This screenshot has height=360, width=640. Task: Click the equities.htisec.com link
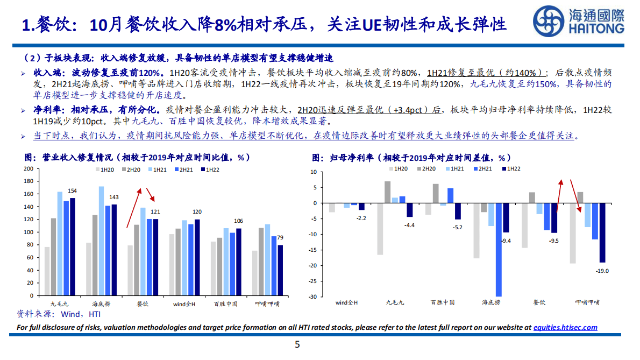(x=565, y=327)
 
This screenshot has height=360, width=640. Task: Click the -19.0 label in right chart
(x=602, y=271)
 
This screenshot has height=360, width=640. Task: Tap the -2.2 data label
(x=361, y=217)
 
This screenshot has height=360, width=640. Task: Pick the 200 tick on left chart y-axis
(x=29, y=168)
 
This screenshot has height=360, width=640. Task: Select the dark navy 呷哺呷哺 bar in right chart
(x=602, y=232)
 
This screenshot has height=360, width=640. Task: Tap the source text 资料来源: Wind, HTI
(x=59, y=314)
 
